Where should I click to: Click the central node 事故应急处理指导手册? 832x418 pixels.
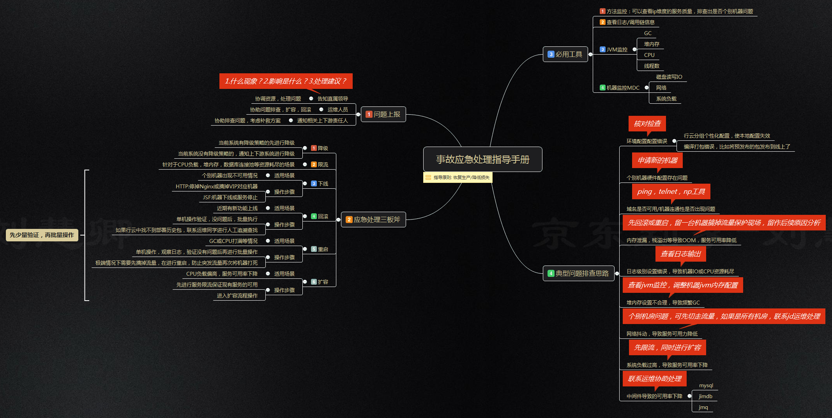coord(482,159)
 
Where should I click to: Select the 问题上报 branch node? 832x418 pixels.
coord(383,114)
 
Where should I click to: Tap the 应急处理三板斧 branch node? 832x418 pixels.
coord(373,220)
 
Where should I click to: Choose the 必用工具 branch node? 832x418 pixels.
coord(565,54)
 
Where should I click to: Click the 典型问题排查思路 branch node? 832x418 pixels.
coord(578,273)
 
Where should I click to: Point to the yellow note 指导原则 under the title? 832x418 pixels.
coord(458,177)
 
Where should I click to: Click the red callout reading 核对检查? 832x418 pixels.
coord(647,124)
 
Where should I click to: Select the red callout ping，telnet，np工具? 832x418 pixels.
coord(671,191)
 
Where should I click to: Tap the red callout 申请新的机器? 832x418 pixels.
coord(657,160)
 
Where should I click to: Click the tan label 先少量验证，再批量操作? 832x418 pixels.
coord(42,235)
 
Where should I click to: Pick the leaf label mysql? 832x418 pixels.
coord(706,385)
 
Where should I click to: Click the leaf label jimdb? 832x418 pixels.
coord(705,396)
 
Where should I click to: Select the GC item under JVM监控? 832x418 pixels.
coord(648,33)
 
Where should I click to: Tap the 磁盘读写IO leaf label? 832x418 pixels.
coord(669,77)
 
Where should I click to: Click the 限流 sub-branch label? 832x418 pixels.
coord(323,165)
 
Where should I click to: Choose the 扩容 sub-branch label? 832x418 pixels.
coord(323,282)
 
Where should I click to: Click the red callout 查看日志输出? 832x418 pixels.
coord(681,254)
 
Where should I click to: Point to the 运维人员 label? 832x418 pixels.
coord(337,110)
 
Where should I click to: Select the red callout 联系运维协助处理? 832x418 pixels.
coord(655,379)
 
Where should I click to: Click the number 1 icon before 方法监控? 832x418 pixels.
coord(602,11)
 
